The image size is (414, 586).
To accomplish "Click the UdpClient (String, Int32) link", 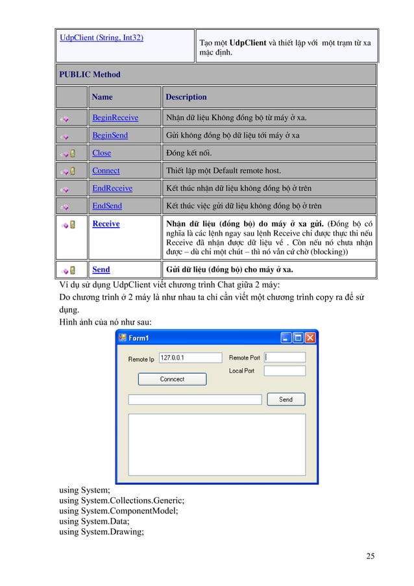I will pyautogui.click(x=102, y=38).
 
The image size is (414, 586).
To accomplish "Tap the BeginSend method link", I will pyautogui.click(x=110, y=136).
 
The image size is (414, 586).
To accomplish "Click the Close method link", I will pyautogui.click(x=101, y=153).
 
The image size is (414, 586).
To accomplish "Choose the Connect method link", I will pyautogui.click(x=106, y=171).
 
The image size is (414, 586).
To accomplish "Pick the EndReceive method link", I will pyautogui.click(x=112, y=188).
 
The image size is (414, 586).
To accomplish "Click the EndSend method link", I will pyautogui.click(x=107, y=206).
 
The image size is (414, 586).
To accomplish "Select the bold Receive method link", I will pyautogui.click(x=106, y=223).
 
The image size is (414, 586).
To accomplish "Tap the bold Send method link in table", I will pyautogui.click(x=101, y=269).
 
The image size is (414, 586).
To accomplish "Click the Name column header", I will pyautogui.click(x=103, y=97).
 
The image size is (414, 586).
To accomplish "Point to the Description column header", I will pyautogui.click(x=186, y=97).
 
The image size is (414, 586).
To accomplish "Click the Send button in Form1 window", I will pyautogui.click(x=286, y=400).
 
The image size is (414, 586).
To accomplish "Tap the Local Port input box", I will pyautogui.click(x=284, y=371).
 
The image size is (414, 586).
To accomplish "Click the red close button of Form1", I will pyautogui.click(x=310, y=338).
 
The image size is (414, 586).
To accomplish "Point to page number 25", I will pyautogui.click(x=370, y=556).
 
